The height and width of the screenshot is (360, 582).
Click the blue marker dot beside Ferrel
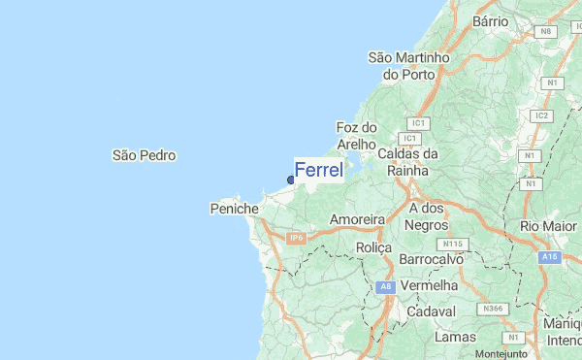pos(291,180)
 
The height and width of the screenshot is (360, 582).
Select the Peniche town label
pos(234,209)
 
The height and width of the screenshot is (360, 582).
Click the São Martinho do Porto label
pos(408,66)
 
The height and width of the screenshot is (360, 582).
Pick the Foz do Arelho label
pos(355,136)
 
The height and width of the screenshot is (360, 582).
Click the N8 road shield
pos(546,32)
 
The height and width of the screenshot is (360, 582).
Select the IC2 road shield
pos(541,115)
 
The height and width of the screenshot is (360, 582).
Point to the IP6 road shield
pos(296,237)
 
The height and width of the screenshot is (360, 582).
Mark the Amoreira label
pos(358,220)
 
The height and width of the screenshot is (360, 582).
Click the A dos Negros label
pos(426,216)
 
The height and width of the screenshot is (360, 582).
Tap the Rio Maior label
pos(549,226)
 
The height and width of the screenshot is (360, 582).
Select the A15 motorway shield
pos(551,256)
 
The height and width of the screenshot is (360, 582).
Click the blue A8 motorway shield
pos(385,287)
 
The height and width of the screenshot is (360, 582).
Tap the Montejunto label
pos(501,353)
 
